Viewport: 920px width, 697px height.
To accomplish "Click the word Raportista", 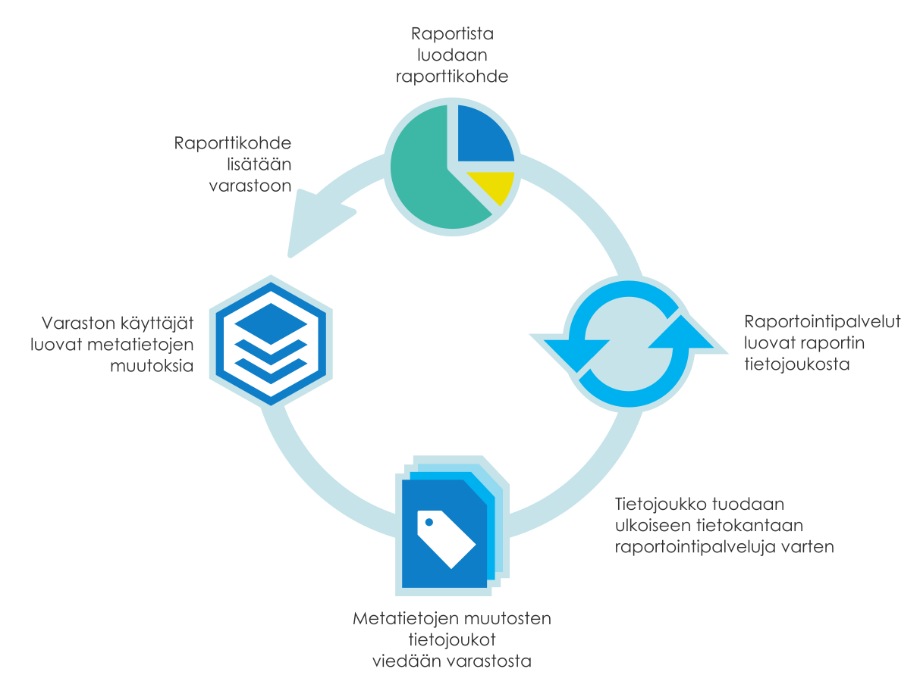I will pos(451,34).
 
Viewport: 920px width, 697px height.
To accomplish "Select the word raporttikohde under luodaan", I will pos(451,77).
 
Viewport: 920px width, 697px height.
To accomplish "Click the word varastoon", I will pos(250,186).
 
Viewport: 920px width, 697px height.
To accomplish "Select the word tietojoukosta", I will pos(796,364).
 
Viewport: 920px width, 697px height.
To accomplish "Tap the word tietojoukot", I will pos(452,639).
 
